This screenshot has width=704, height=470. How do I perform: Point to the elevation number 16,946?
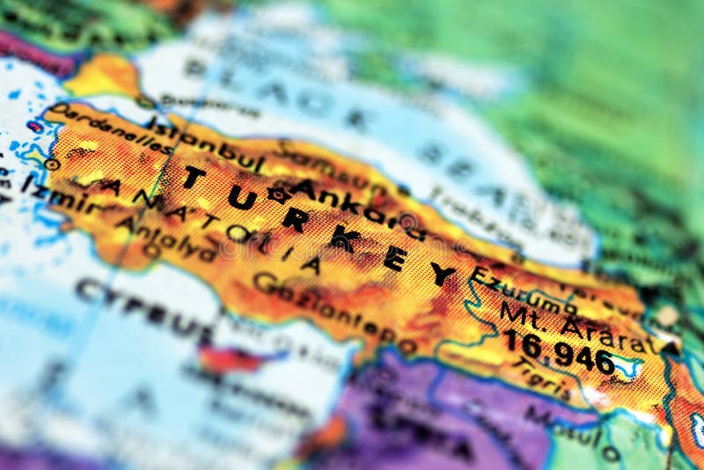pyautogui.click(x=558, y=351)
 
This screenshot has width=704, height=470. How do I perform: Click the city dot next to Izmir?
pyautogui.click(x=53, y=164)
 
